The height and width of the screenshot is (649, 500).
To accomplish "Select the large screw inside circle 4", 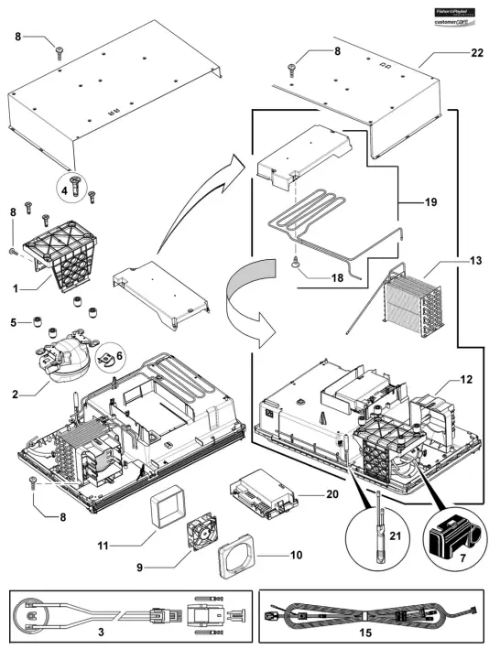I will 79,189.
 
